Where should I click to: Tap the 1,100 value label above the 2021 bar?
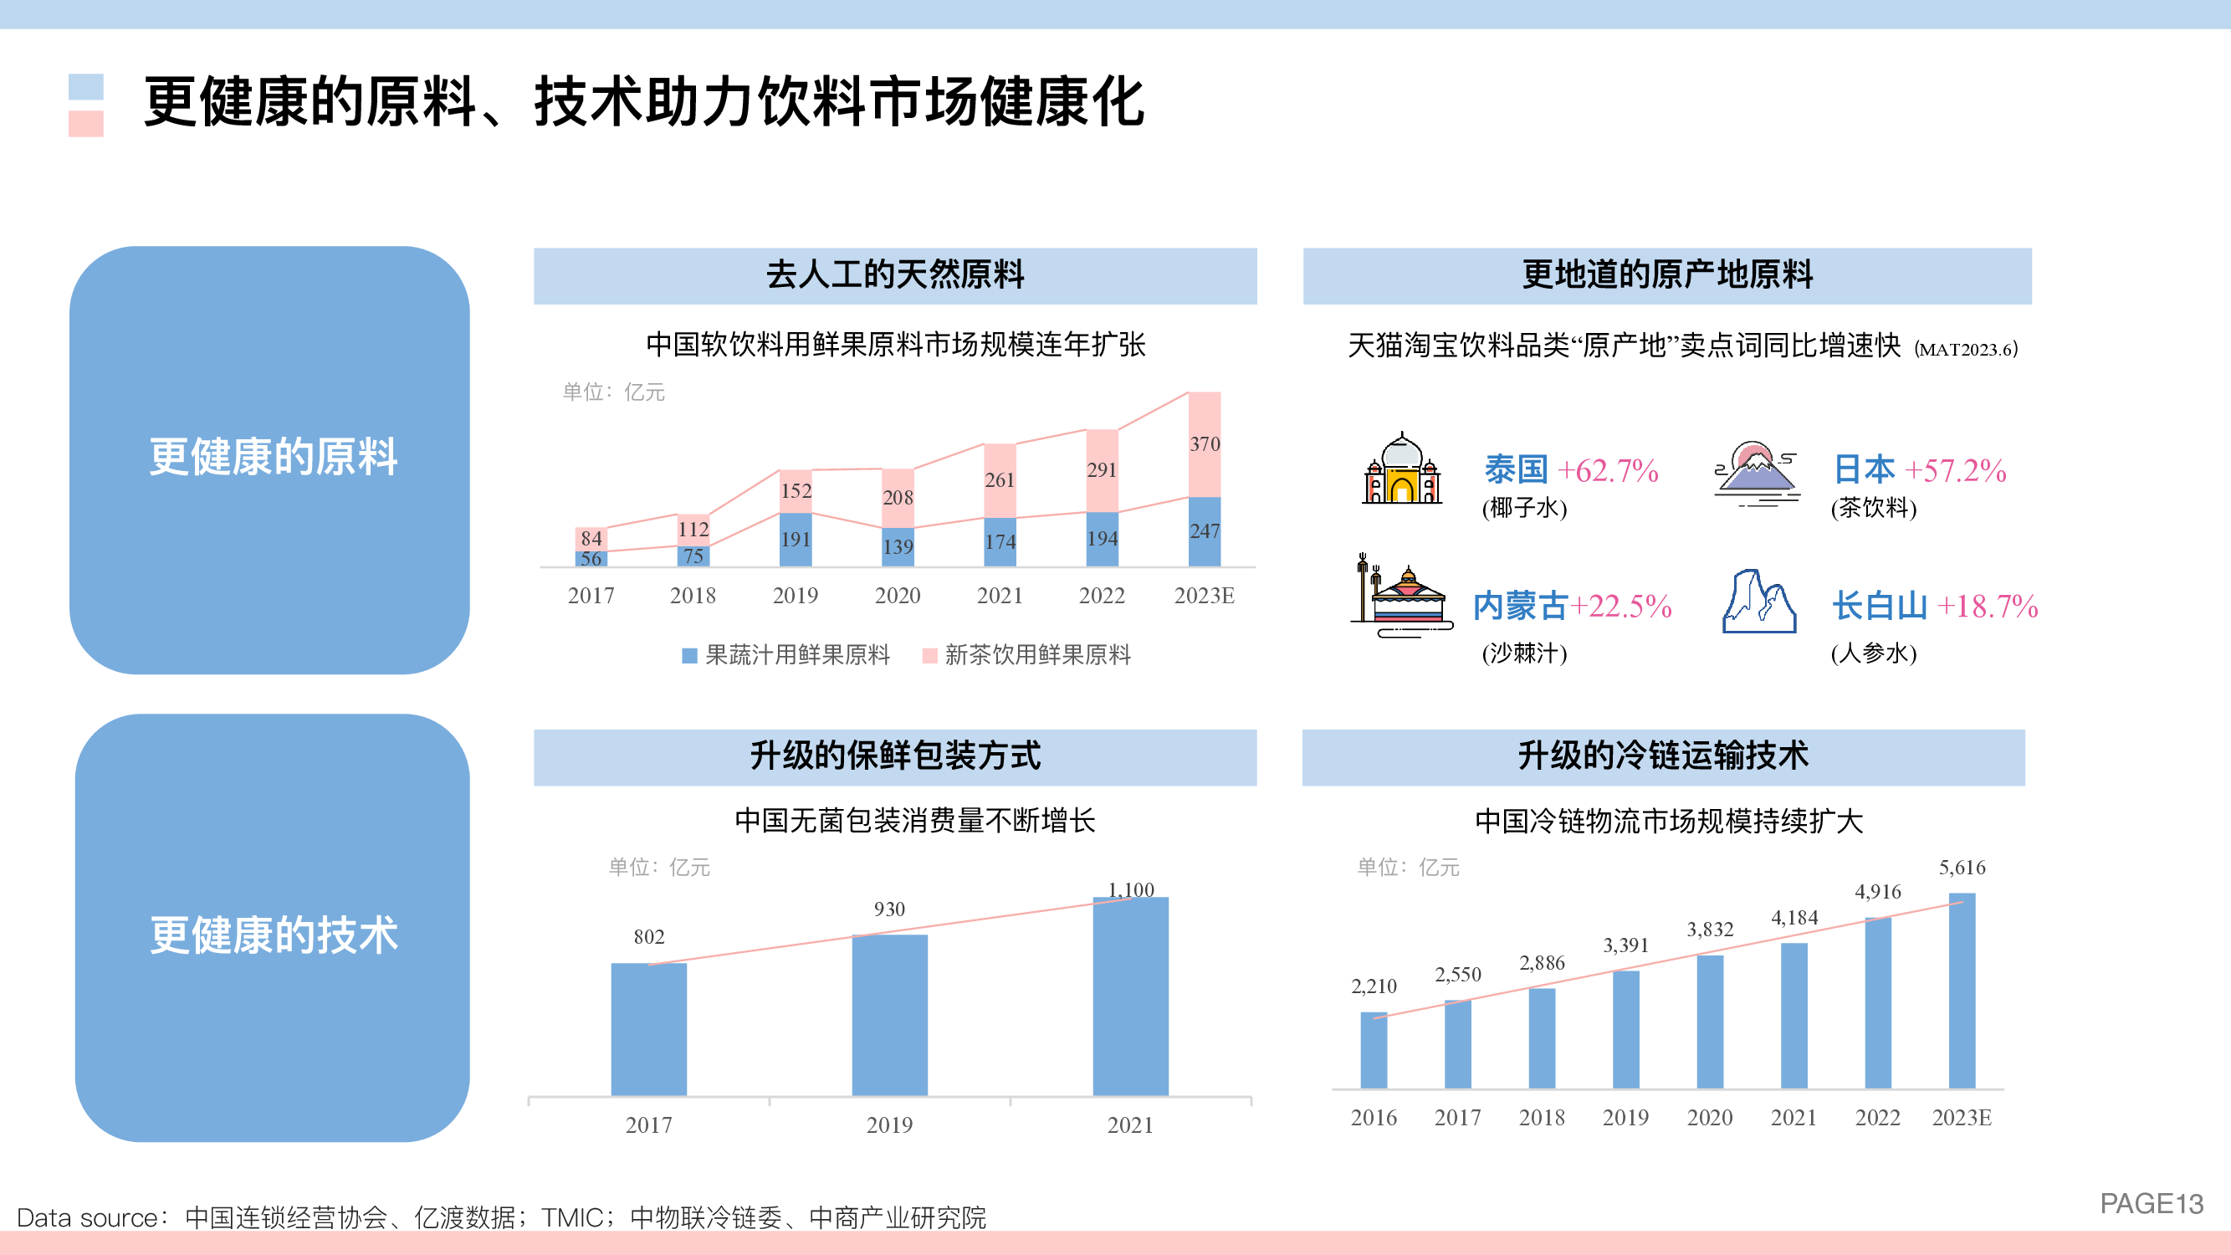click(x=1130, y=889)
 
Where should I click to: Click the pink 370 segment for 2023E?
click(x=1204, y=444)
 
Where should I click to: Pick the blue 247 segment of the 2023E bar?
click(x=1204, y=531)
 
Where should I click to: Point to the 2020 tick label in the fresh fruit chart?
click(x=898, y=596)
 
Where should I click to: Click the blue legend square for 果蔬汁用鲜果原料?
click(x=689, y=656)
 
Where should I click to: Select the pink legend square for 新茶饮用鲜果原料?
click(x=930, y=656)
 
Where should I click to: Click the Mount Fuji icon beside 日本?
click(x=1757, y=473)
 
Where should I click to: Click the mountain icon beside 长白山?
click(x=1759, y=601)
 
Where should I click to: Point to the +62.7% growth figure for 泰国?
click(x=1608, y=471)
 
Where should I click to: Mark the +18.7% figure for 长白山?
click(x=1987, y=607)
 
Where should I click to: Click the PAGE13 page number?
click(x=2152, y=1204)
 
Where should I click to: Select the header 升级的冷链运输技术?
click(x=1663, y=756)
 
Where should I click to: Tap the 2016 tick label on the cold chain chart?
click(x=1374, y=1118)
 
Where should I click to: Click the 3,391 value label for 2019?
click(x=1625, y=945)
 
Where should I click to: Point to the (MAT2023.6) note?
click(x=1966, y=350)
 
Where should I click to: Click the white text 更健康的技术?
click(x=274, y=935)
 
